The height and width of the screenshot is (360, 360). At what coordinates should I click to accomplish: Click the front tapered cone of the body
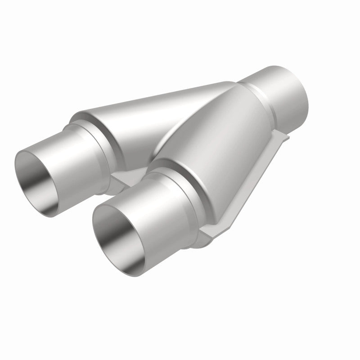[216, 148]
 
